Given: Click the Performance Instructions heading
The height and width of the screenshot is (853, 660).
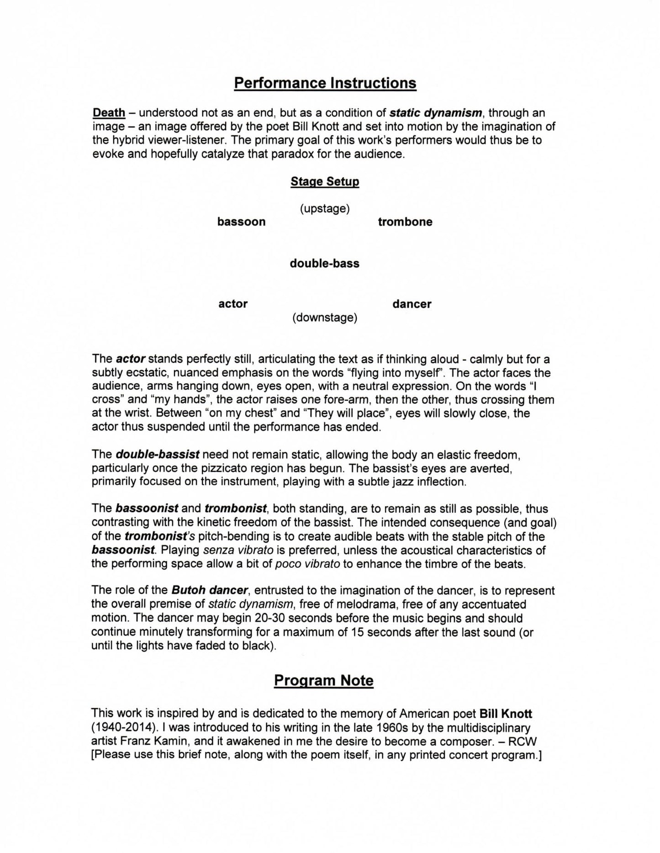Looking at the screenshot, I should click(325, 83).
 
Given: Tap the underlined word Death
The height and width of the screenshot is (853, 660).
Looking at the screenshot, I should click(109, 113).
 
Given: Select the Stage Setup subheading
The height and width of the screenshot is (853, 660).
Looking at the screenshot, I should click(325, 181).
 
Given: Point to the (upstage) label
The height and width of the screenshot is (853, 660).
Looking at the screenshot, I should click(325, 209).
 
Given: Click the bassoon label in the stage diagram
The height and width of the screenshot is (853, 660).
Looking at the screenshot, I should click(241, 222).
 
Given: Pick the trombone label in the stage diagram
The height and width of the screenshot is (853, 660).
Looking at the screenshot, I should click(405, 222).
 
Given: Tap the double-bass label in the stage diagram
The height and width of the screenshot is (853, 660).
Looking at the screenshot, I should click(324, 264).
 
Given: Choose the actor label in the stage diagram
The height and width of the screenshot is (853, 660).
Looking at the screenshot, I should click(233, 304).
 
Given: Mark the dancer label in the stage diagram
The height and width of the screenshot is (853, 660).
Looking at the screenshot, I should click(412, 304).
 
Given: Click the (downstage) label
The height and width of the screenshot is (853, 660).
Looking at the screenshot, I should click(325, 318).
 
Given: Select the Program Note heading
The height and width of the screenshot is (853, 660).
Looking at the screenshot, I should click(323, 680).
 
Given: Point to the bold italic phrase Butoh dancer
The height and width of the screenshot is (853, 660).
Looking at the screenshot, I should click(210, 591).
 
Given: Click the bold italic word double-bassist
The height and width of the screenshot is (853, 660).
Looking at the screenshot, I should click(158, 455).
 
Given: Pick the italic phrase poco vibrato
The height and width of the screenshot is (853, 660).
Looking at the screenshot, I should click(307, 564).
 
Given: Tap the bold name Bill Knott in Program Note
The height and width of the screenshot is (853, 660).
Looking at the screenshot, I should click(506, 714).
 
